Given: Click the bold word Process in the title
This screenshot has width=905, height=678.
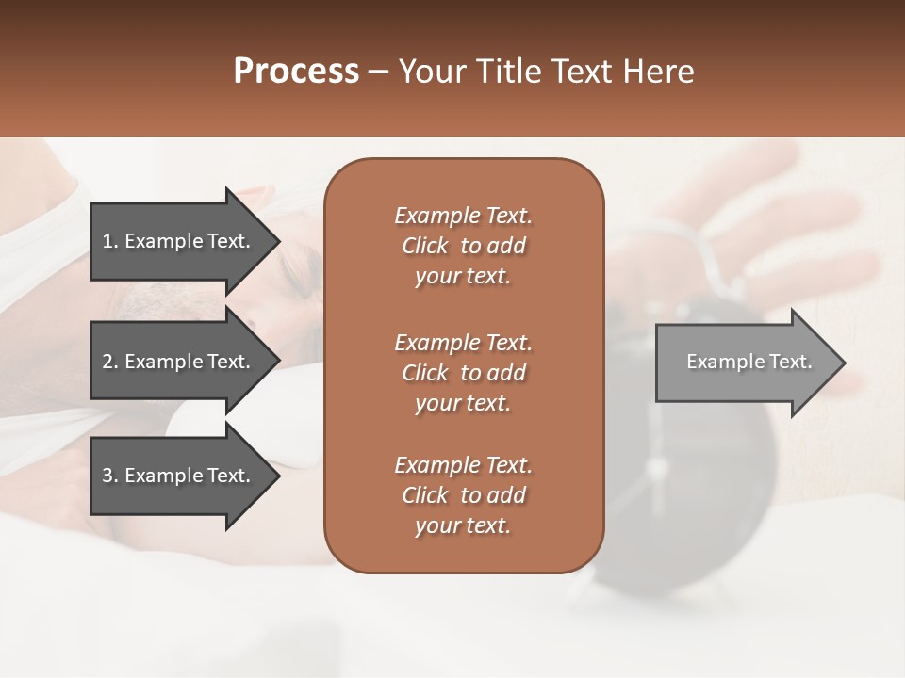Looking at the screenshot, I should click(296, 72).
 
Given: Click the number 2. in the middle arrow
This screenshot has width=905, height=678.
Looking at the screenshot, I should click(109, 362).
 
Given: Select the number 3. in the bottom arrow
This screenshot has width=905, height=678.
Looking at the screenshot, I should click(109, 476).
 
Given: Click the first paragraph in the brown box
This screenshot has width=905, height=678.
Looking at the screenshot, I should click(463, 246).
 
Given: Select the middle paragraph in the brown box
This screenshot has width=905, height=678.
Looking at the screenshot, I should click(463, 372).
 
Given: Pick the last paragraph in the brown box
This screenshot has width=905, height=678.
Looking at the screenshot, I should click(463, 495).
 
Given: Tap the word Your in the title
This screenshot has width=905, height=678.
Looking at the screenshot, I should click(428, 72).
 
